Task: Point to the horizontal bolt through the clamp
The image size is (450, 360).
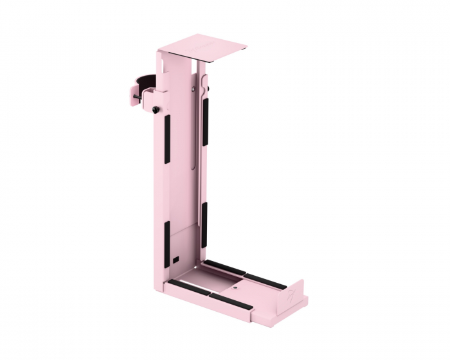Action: [x=138, y=98]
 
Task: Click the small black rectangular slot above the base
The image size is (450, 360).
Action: [x=176, y=260]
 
